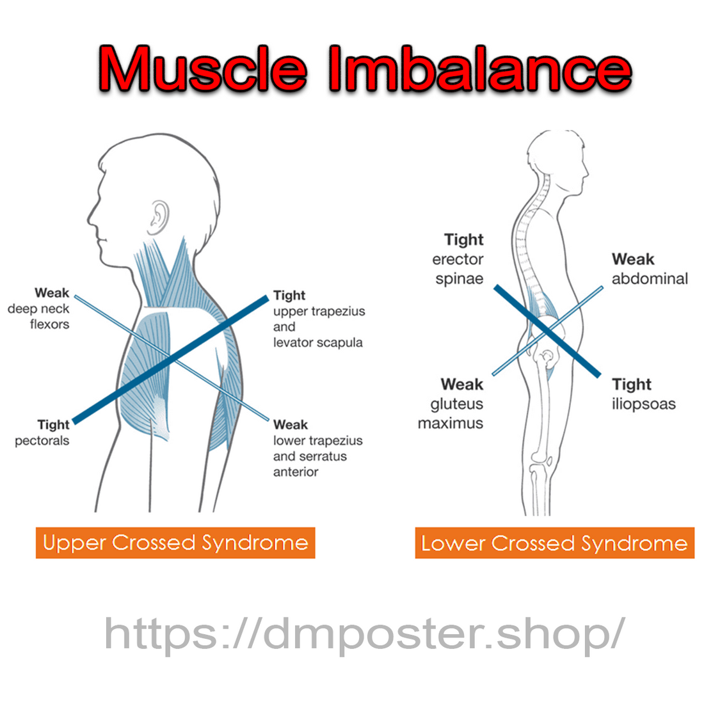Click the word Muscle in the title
tap(204, 69)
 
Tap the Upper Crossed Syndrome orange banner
tap(175, 543)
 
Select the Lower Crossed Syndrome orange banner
tap(554, 543)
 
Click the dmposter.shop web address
tap(364, 633)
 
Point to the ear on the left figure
tap(157, 217)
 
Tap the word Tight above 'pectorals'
tap(53, 425)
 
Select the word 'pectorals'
tap(42, 441)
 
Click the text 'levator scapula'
tap(318, 342)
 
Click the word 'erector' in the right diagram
tap(458, 259)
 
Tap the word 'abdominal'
tap(650, 279)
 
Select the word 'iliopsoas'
tap(644, 404)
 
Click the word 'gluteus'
tap(456, 404)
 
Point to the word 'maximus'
tap(451, 423)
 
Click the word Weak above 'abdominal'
tap(633, 259)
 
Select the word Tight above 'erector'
tap(464, 240)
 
